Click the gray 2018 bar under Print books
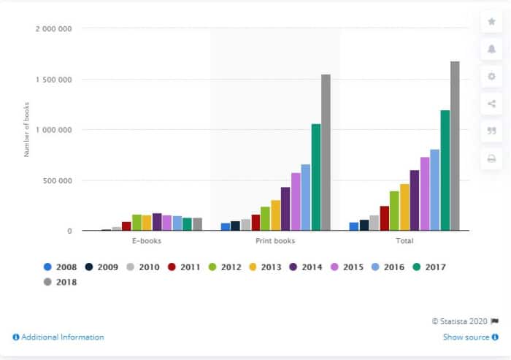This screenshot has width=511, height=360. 326,153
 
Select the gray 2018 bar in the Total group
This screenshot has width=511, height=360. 455,146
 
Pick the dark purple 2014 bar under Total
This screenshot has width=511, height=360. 415,201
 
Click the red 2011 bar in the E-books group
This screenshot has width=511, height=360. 126,226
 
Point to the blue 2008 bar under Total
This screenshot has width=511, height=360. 354,226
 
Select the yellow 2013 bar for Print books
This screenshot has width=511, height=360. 276,215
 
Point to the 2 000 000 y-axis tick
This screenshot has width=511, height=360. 54,29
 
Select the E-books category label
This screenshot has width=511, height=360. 147,240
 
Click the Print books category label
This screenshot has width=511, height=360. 275,240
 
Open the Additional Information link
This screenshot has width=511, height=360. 58,337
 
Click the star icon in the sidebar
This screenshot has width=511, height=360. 491,22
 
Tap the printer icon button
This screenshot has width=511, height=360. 491,158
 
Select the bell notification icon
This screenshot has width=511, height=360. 491,49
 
